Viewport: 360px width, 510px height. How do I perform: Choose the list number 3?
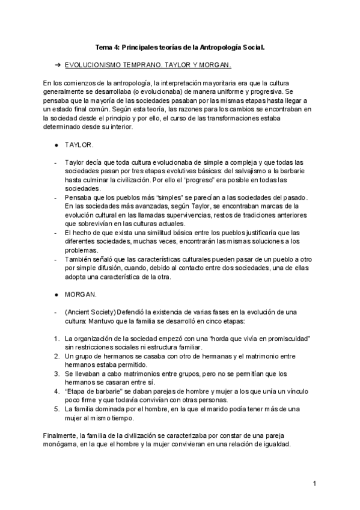pyautogui.click(x=56, y=373)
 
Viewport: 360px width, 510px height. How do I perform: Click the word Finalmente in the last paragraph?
pyautogui.click(x=61, y=435)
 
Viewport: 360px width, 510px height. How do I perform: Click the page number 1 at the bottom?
pyautogui.click(x=314, y=483)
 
